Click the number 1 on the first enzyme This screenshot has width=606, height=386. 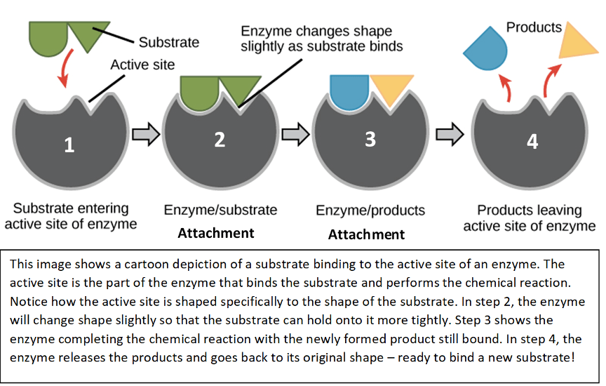tap(69, 145)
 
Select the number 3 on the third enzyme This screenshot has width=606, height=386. tap(370, 139)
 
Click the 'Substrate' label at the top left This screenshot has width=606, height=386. tap(168, 42)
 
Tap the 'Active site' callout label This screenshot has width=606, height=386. tap(142, 65)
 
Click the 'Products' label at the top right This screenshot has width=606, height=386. tap(534, 28)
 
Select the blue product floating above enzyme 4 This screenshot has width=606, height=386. tap(485, 49)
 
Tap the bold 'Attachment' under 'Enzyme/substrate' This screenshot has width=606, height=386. tap(216, 233)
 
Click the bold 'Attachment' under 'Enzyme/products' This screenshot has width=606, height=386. tap(366, 234)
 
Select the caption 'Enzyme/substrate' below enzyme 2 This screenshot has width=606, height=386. tap(220, 210)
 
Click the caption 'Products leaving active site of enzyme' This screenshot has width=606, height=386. tap(530, 218)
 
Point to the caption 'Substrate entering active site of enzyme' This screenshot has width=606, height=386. tap(71, 216)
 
